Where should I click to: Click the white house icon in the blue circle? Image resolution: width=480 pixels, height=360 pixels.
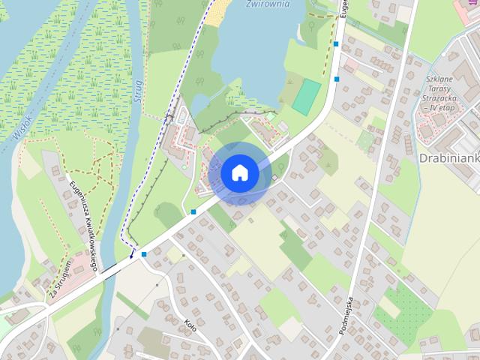[x=239, y=172]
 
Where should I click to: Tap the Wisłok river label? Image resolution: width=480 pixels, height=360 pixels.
[x=22, y=124]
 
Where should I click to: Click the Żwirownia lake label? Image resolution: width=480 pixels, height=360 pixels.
[x=268, y=4]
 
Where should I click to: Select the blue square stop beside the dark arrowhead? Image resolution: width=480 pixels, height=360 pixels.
[x=144, y=255]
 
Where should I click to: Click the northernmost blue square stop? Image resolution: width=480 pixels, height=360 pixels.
[x=336, y=45]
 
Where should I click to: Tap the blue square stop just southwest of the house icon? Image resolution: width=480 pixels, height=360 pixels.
[x=193, y=212]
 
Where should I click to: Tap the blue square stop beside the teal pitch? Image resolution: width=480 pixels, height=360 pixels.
[x=337, y=79]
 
